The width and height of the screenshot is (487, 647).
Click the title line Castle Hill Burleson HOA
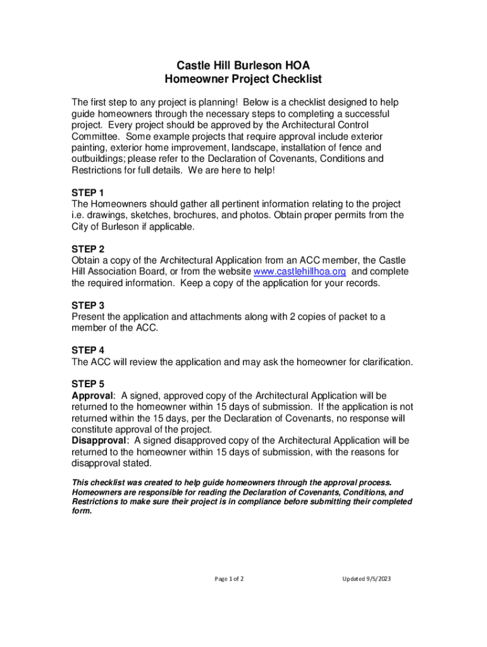tap(243, 65)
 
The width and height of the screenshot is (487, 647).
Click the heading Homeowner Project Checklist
tap(243, 79)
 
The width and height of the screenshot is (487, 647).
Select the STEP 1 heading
tap(88, 192)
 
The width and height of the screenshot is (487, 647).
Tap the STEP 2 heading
tap(88, 249)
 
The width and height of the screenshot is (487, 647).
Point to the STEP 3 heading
tap(88, 305)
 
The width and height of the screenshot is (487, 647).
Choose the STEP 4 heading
tap(88, 350)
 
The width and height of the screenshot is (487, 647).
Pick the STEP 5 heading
tap(88, 384)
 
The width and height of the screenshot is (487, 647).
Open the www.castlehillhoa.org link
tap(299, 272)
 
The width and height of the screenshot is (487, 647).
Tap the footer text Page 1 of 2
tap(230, 579)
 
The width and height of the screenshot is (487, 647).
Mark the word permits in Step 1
tap(334, 215)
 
